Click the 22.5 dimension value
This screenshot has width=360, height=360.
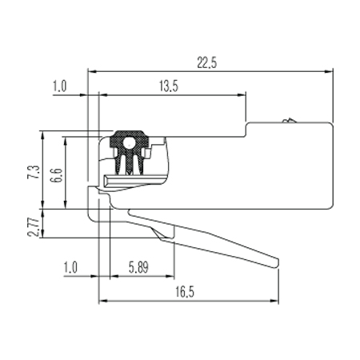pyautogui.click(x=207, y=62)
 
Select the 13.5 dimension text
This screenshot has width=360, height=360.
pyautogui.click(x=169, y=86)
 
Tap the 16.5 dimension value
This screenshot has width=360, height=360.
pyautogui.click(x=185, y=292)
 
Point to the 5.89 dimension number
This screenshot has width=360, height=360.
pyautogui.click(x=138, y=267)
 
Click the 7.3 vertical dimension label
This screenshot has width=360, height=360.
pyautogui.click(x=34, y=172)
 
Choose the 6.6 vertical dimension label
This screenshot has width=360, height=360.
pyautogui.click(x=56, y=175)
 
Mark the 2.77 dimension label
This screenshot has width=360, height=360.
pyautogui.click(x=34, y=227)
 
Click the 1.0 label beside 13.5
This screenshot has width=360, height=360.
pyautogui.click(x=59, y=86)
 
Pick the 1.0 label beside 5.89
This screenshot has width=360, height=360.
pyautogui.click(x=70, y=267)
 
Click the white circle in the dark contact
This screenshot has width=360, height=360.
pyautogui.click(x=129, y=143)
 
